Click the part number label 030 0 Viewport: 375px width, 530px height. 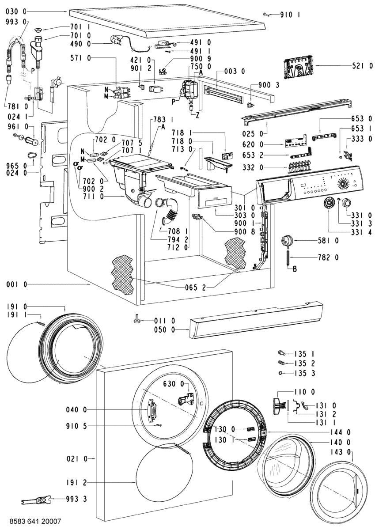click(x=16, y=11)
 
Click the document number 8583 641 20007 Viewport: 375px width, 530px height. click(x=35, y=521)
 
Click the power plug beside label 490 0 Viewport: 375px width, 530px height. click(x=114, y=40)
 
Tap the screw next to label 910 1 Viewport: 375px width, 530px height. click(x=266, y=15)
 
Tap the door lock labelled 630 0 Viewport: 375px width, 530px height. click(x=187, y=399)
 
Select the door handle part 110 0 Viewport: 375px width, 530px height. click(x=277, y=406)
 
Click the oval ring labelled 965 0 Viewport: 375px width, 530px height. click(x=32, y=155)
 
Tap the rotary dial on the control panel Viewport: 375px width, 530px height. click(x=343, y=184)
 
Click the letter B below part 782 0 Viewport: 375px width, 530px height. click(x=295, y=269)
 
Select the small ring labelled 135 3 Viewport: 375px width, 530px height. click(x=280, y=373)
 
